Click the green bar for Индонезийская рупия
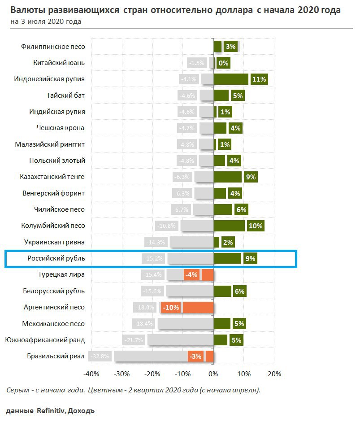231,79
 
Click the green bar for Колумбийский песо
229,226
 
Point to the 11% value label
259,79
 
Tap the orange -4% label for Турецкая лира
191,275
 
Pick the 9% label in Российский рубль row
250,259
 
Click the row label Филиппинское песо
53,47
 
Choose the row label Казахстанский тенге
52,177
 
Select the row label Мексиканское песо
53,324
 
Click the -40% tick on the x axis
91,374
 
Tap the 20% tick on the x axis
274,374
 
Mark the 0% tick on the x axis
213,374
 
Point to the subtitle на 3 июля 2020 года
45,21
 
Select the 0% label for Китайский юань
223,63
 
